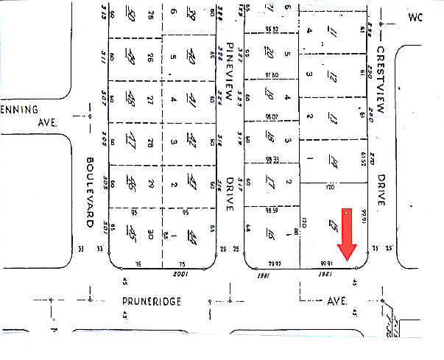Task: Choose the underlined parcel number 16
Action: pyautogui.click(x=270, y=235)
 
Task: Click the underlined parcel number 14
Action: pyautogui.click(x=335, y=161)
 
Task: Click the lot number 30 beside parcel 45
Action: pyautogui.click(x=151, y=234)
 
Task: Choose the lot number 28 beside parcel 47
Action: pyautogui.click(x=151, y=140)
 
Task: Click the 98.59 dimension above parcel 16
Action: pyautogui.click(x=272, y=209)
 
